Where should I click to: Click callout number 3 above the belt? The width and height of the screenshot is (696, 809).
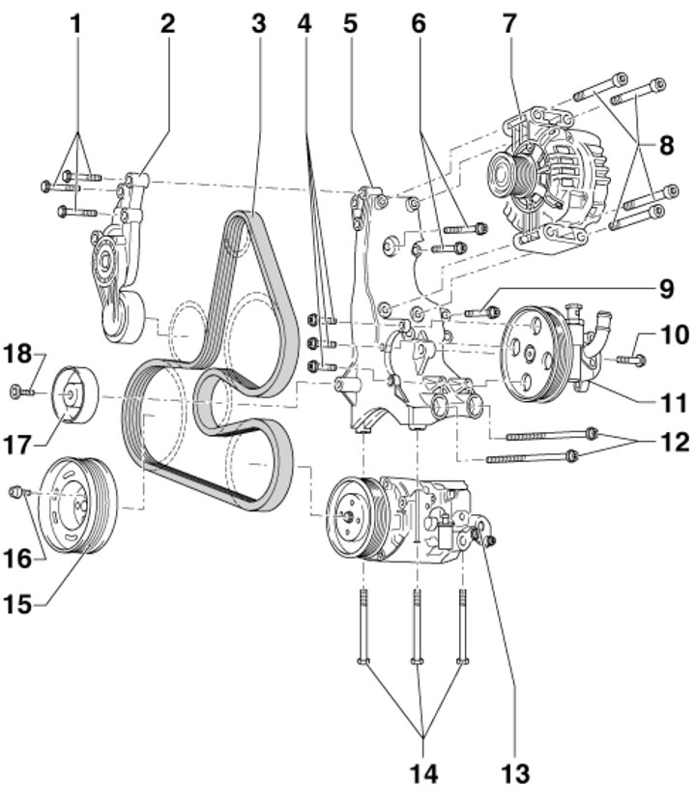pos(258,24)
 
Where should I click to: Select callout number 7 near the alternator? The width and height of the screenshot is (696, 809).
pos(509,24)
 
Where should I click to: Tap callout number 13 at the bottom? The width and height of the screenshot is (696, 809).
pos(515,774)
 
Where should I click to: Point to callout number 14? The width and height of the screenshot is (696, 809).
pos(423,774)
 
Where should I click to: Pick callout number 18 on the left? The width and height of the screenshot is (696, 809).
pos(18,355)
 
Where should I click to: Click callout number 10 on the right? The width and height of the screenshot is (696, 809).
pos(675,334)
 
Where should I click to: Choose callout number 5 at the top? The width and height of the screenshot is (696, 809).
pos(350,24)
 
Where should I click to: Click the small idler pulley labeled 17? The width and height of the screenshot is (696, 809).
pos(76,394)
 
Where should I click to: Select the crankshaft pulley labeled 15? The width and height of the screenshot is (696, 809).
pos(78,505)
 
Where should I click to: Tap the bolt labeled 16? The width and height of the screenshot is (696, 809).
pos(19,492)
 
